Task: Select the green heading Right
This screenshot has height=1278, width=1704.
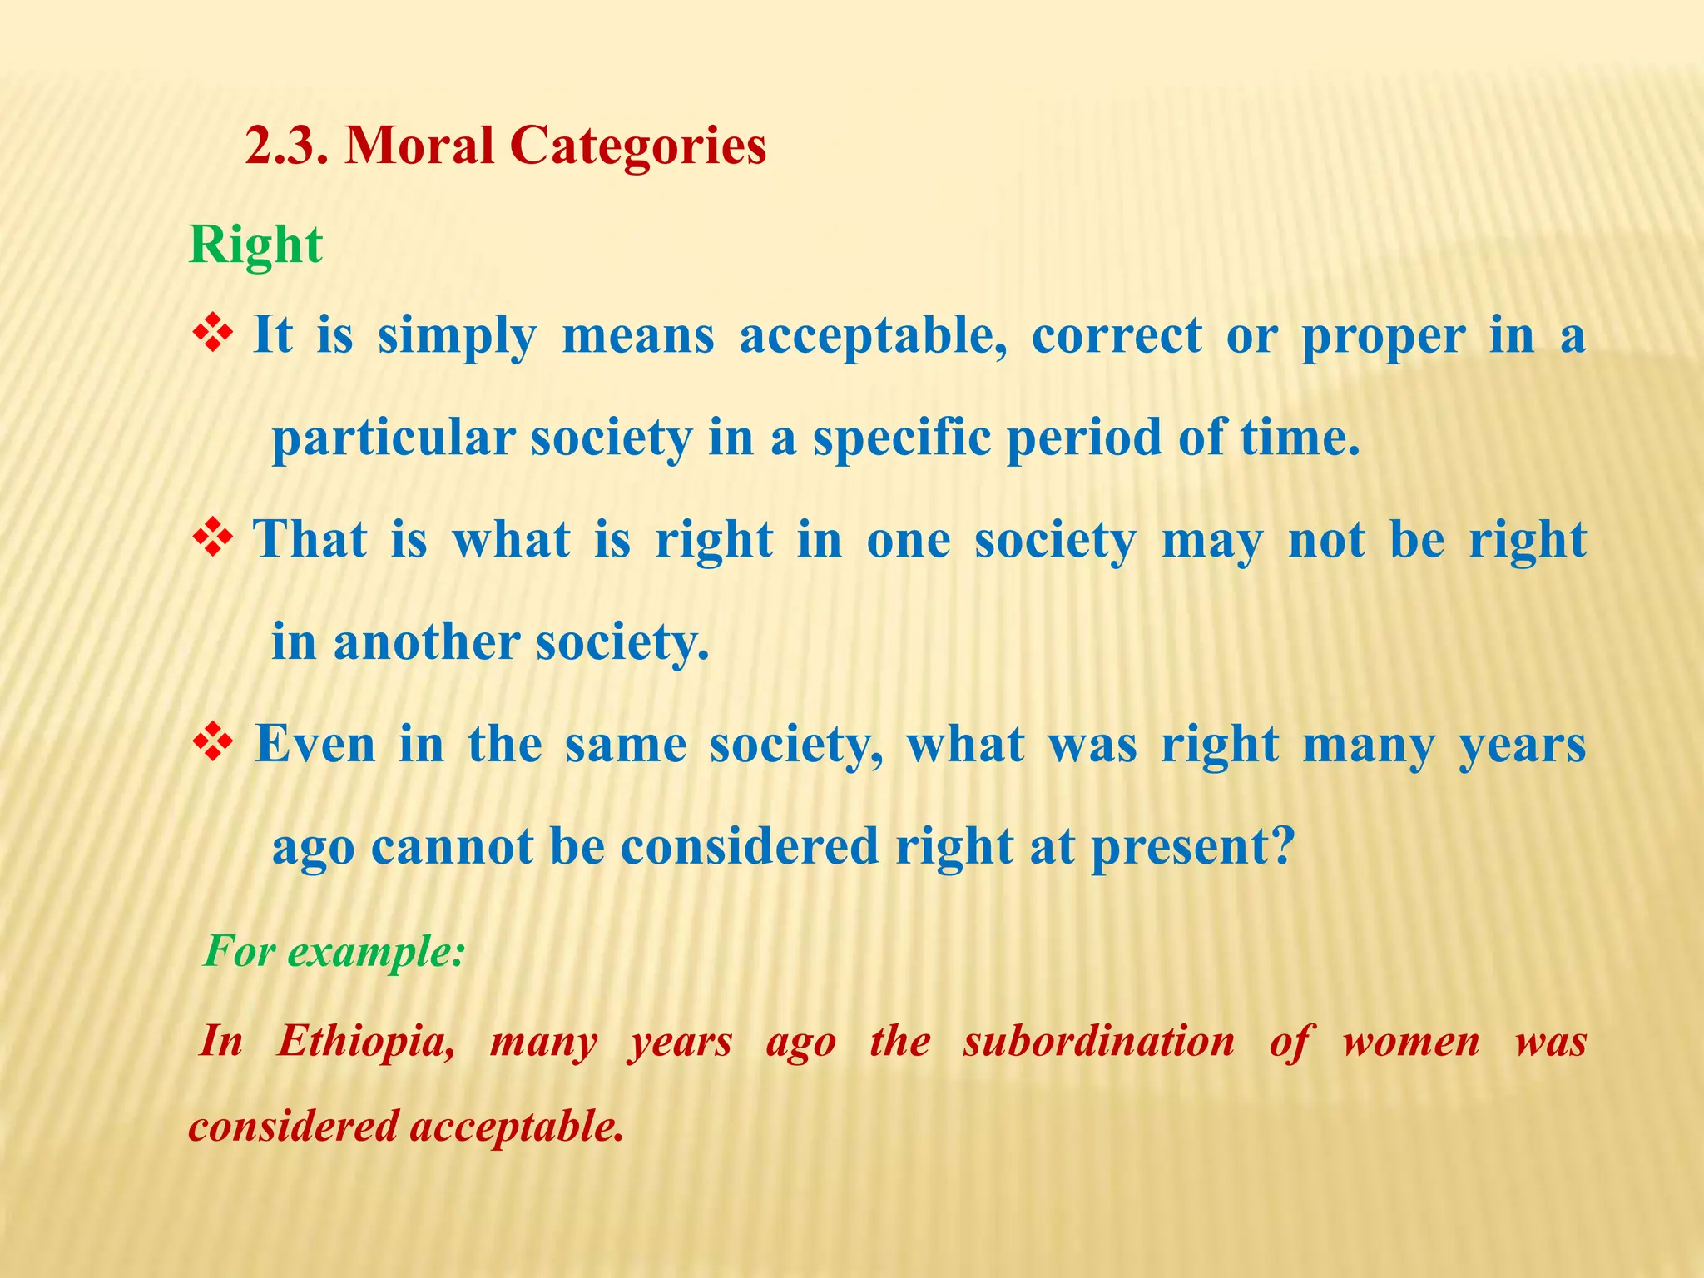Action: click(255, 246)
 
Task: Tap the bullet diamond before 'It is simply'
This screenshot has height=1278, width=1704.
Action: click(213, 334)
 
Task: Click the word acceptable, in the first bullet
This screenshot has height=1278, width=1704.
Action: click(873, 338)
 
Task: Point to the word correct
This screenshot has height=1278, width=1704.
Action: click(1116, 336)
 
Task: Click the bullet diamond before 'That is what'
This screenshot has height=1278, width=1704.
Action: click(213, 539)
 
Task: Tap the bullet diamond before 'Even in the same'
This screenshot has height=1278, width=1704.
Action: click(213, 743)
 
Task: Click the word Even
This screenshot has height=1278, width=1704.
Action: click(315, 744)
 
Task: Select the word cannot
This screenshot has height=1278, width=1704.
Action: click(452, 847)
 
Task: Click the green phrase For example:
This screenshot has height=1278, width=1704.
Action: click(334, 951)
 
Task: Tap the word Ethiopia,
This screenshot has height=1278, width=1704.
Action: click(366, 1042)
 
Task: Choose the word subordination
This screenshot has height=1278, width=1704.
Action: click(1098, 1042)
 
